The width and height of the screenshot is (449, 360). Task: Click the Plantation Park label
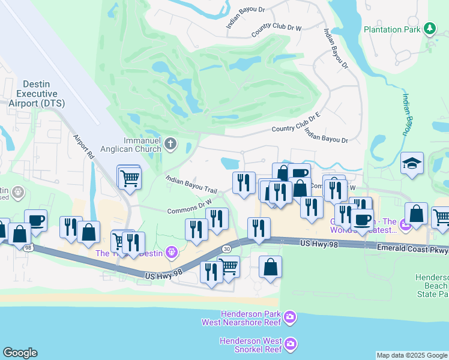pyautogui.click(x=392, y=29)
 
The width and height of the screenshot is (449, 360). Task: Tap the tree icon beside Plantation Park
pyautogui.click(x=429, y=28)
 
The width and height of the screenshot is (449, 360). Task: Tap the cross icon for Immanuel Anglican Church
pyautogui.click(x=171, y=143)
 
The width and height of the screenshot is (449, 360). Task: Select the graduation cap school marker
pyautogui.click(x=412, y=163)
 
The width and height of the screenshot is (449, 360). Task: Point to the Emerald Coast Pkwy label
pyautogui.click(x=412, y=248)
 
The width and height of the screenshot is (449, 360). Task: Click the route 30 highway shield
pyautogui.click(x=226, y=248)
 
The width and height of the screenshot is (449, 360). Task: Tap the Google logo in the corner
pyautogui.click(x=20, y=353)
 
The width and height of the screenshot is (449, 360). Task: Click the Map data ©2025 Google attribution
pyautogui.click(x=412, y=355)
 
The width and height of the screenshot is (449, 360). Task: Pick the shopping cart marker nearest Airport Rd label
pyautogui.click(x=129, y=178)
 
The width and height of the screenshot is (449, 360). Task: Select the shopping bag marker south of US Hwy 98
pyautogui.click(x=271, y=266)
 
